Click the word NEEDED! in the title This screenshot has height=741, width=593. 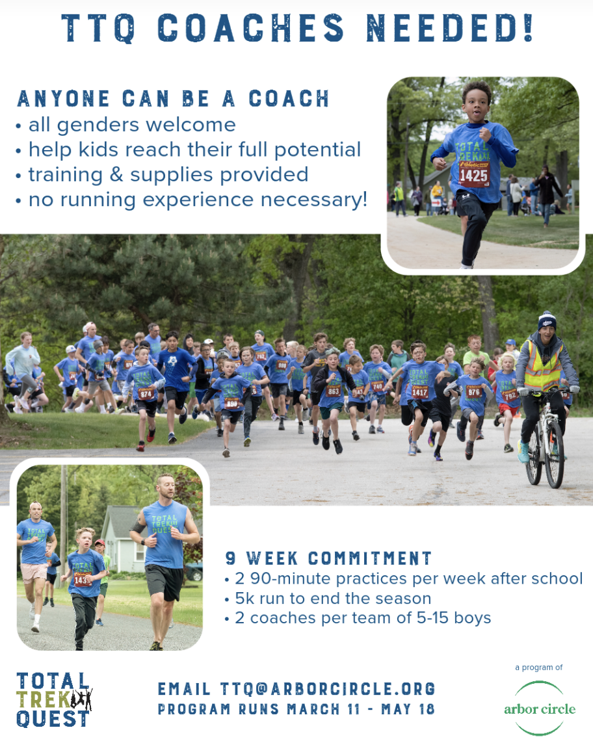click(450, 28)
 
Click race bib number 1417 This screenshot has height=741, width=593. click(419, 392)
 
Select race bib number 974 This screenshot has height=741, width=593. click(145, 393)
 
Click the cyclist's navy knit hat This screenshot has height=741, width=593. click(547, 321)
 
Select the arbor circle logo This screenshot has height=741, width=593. click(539, 708)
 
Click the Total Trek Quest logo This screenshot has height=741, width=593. click(54, 699)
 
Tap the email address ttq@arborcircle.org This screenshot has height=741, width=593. click(327, 689)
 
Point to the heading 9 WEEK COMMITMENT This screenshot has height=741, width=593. click(328, 558)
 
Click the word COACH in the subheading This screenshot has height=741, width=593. click(289, 99)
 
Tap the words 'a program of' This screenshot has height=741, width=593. click(538, 668)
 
